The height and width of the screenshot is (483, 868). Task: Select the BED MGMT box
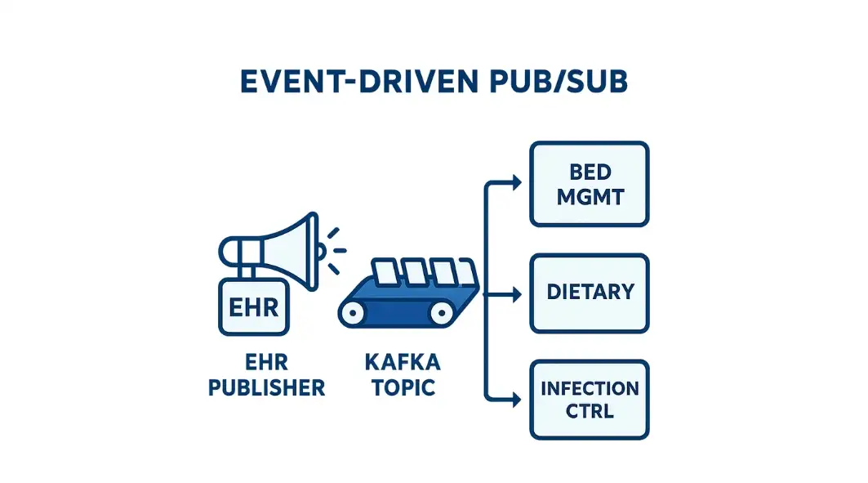589,184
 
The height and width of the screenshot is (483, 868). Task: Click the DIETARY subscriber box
589,293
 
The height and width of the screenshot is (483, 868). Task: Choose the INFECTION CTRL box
589,399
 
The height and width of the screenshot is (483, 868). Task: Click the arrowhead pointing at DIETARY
516,293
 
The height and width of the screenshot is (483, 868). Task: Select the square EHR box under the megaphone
254,307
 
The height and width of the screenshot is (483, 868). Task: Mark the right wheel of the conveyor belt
442,311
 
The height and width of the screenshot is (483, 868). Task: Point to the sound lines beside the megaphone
335,250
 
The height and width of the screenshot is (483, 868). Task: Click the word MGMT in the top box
589,198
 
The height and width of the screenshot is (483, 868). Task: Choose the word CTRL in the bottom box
589,410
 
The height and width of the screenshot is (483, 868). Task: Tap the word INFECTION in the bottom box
589,387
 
